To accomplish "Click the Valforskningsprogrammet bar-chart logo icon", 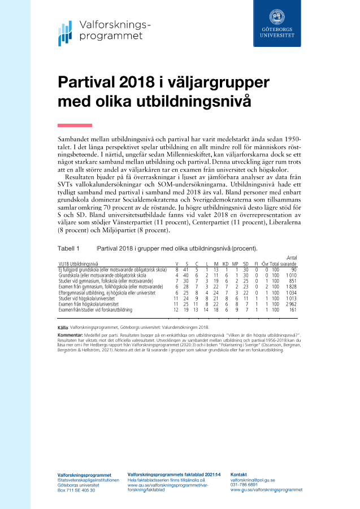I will pyautogui.click(x=65, y=33).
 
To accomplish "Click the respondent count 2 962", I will pyautogui.click(x=290, y=304).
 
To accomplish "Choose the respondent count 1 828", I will pyautogui.click(x=290, y=287).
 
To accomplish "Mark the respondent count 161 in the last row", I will pyautogui.click(x=292, y=310).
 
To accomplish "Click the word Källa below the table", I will pyautogui.click(x=63, y=327).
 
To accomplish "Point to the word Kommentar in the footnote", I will pyautogui.click(x=71, y=336).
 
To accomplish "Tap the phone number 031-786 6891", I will pyautogui.click(x=244, y=485).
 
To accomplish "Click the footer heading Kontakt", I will pyautogui.click(x=239, y=474).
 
